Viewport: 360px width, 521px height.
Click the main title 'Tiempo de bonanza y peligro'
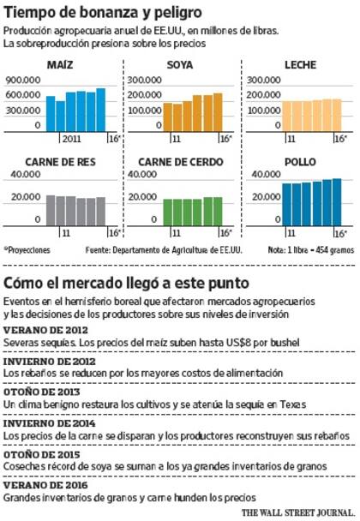(103, 13)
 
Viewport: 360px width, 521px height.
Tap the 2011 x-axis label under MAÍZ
(70, 138)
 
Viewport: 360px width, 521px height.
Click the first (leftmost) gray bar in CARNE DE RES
(51, 209)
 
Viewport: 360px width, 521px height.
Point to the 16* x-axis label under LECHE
(339, 138)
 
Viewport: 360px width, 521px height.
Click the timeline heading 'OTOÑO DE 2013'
(41, 391)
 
